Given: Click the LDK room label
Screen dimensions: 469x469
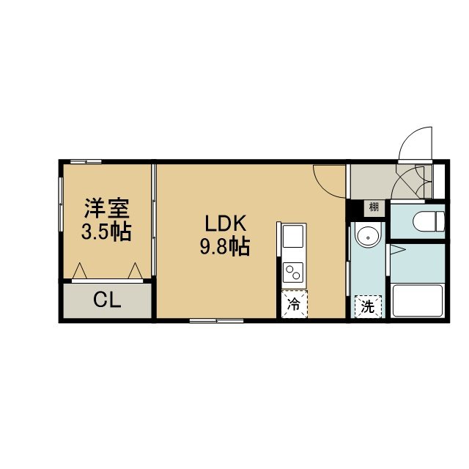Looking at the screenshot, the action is (226, 223).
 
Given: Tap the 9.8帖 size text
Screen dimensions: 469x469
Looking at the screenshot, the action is (225, 246).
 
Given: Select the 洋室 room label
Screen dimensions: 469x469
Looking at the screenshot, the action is (107, 208).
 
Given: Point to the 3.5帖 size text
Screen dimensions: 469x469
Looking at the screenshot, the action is (106, 232).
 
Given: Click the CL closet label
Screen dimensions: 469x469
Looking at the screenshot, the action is (107, 300).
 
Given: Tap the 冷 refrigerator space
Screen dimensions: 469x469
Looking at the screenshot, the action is (295, 304).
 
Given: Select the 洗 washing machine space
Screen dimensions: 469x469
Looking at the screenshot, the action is (368, 306).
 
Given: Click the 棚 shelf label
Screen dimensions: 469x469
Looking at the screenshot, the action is (374, 207).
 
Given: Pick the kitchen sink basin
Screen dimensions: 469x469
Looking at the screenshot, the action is (293, 236).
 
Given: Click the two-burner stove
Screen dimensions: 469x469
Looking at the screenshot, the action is (293, 272).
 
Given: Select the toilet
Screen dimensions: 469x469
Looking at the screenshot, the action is (429, 221).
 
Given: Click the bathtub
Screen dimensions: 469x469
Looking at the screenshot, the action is (418, 300).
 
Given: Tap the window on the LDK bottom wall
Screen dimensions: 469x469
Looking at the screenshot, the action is (217, 321).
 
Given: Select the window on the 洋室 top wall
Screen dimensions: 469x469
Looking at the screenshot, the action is (86, 162).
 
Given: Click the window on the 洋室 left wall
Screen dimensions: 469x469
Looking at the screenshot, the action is (61, 204).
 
